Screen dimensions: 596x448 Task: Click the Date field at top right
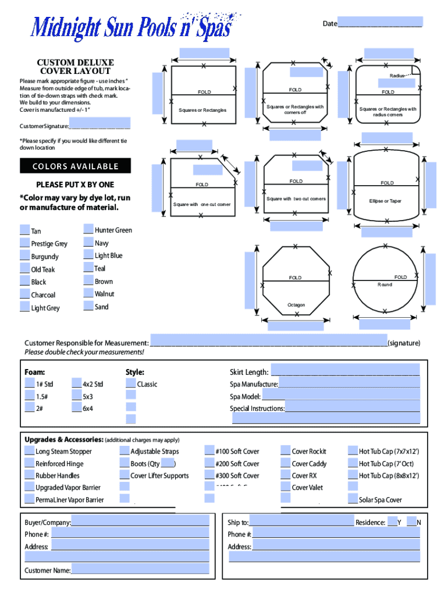click(x=379, y=23)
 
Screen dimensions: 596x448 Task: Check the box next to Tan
click(x=25, y=230)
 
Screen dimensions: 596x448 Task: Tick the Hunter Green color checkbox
click(x=88, y=229)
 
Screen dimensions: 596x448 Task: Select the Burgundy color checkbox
click(x=25, y=256)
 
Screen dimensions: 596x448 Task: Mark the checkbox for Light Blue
click(x=88, y=255)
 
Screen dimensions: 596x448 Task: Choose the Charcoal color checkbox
click(x=25, y=295)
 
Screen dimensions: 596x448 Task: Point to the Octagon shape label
click(x=296, y=305)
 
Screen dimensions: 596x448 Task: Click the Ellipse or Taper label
click(x=385, y=201)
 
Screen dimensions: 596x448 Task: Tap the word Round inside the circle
click(x=384, y=285)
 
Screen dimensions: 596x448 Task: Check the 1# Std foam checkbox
click(x=30, y=384)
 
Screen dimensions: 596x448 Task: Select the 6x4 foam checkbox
click(x=77, y=408)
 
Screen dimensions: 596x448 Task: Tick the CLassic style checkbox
click(x=131, y=384)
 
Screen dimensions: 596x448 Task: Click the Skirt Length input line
click(x=345, y=371)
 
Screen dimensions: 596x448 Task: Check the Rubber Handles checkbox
click(x=30, y=476)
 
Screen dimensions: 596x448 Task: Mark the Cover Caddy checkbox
click(x=286, y=463)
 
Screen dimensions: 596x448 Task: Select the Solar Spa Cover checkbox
click(x=353, y=499)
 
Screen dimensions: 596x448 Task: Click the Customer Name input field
click(x=140, y=569)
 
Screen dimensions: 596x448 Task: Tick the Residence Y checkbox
click(x=392, y=521)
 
